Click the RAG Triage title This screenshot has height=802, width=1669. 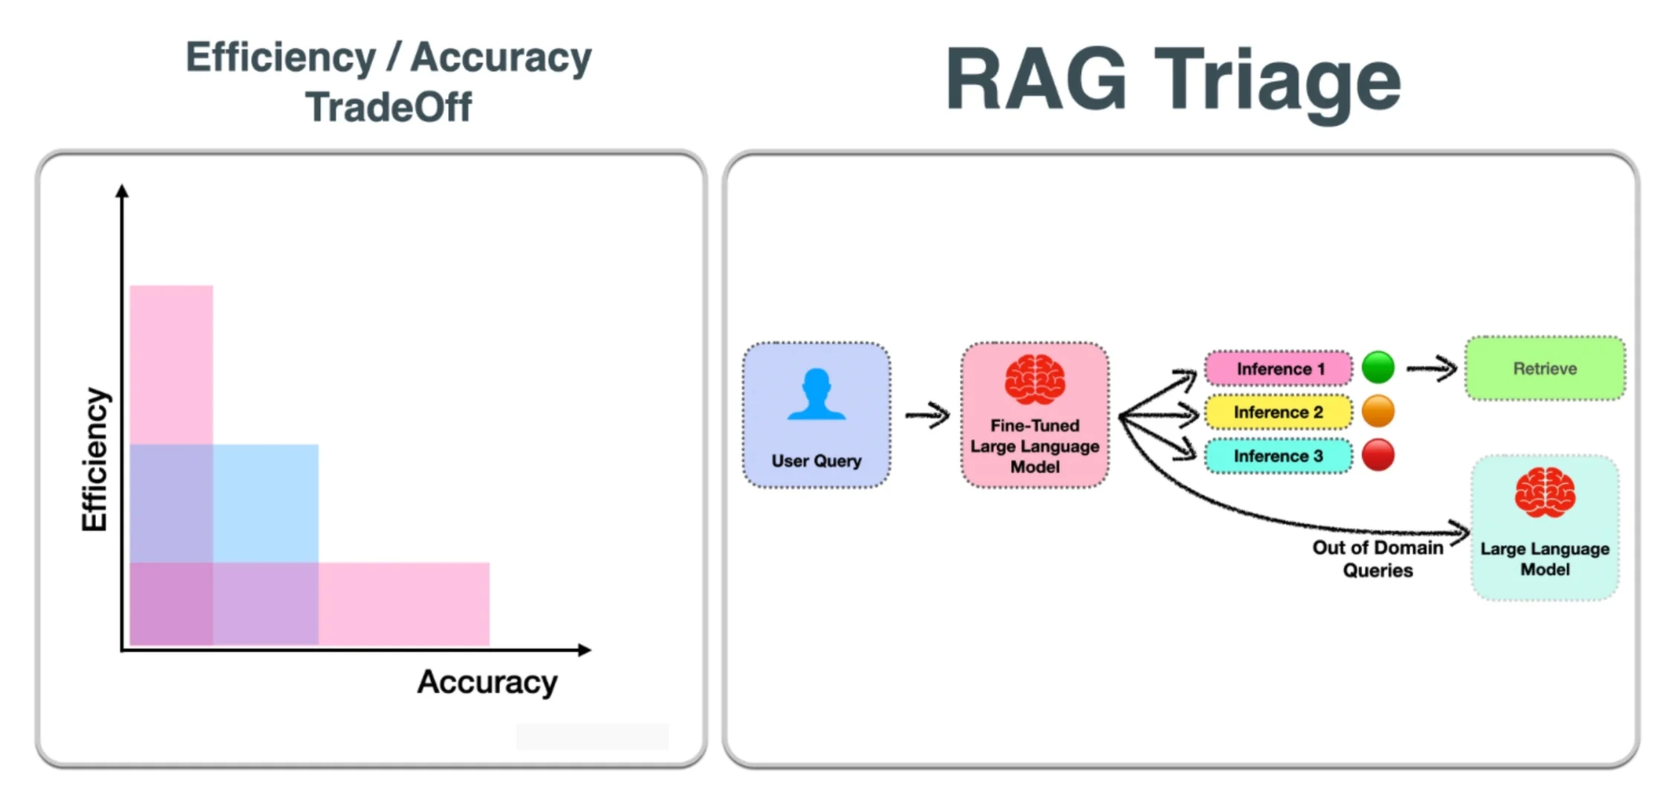[x=1173, y=80]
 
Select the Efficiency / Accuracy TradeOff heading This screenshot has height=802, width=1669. [x=389, y=82]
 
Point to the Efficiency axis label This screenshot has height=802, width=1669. [x=94, y=459]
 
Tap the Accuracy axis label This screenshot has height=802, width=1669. [x=487, y=682]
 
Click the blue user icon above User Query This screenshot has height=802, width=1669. [x=816, y=394]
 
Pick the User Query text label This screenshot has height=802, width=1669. [x=816, y=461]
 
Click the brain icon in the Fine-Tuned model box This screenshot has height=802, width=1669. [x=1034, y=379]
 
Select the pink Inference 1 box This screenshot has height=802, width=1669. [x=1278, y=369]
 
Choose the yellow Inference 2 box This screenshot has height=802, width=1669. [x=1278, y=412]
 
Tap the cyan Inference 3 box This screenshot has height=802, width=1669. [x=1278, y=456]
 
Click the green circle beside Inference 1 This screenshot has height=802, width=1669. [x=1378, y=368]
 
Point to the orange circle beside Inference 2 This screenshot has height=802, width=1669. [x=1378, y=411]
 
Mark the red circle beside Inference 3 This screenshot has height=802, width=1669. [x=1378, y=455]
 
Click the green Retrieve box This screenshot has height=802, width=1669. [x=1544, y=368]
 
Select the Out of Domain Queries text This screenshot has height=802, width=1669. [x=1377, y=558]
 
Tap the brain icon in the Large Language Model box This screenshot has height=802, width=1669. [x=1544, y=492]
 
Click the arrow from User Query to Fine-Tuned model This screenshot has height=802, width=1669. [x=927, y=414]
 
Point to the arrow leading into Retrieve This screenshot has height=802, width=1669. [x=1432, y=368]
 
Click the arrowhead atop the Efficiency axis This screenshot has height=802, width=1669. [x=123, y=192]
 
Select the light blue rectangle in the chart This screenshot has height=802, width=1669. [x=265, y=503]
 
